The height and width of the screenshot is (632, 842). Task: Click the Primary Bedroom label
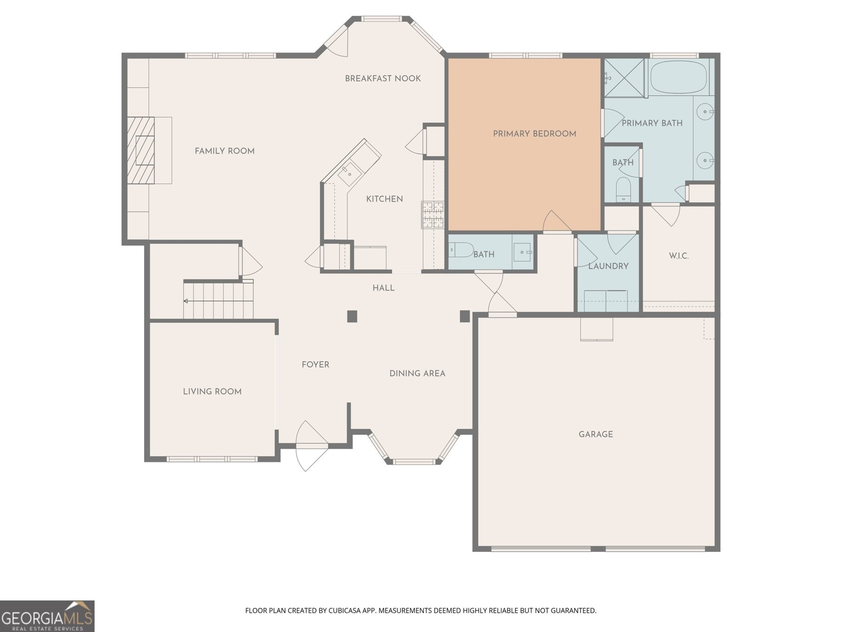coord(534,134)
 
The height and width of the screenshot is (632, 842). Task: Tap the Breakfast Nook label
coord(383,78)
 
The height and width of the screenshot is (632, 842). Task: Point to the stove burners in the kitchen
coord(433,215)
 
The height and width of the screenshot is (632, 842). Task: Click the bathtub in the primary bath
coord(679,77)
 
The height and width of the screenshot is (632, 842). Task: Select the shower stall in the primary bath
coord(624,77)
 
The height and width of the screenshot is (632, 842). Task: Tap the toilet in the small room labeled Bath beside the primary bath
coord(623,189)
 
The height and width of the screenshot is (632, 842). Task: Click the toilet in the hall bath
coord(461,249)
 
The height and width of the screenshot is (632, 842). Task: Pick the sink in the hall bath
coord(523,252)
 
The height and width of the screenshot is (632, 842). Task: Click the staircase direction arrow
coord(186,301)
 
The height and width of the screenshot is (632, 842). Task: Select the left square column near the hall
coord(352,316)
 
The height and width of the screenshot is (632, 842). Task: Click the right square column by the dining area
coord(465,316)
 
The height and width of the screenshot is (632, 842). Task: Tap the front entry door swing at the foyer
coord(312,446)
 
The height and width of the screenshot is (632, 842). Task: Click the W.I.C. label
coord(679,256)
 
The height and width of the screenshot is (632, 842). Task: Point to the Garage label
coord(596,434)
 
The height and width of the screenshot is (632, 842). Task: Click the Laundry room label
coord(608,266)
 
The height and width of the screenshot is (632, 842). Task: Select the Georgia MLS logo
coord(47,616)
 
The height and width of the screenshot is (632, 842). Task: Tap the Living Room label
coord(212,392)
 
